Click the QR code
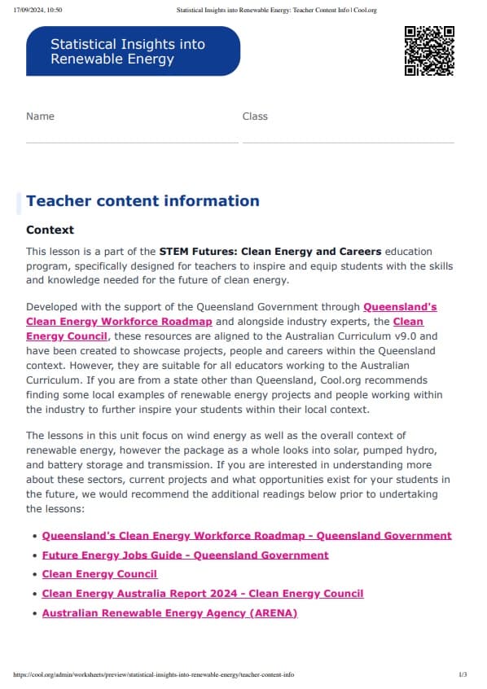(429, 51)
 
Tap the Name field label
(40, 116)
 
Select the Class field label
(255, 116)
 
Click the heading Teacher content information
(143, 201)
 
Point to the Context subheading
(50, 230)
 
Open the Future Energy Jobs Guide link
(185, 555)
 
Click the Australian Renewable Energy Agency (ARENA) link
(169, 612)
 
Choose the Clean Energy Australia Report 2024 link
(202, 594)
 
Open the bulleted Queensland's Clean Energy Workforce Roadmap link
(246, 536)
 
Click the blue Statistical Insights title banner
(133, 51)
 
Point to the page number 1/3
(463, 675)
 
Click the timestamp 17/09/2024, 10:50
(38, 10)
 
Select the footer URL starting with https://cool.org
(155, 675)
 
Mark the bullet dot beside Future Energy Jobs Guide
(34, 555)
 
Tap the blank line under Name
(132, 142)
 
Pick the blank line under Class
(348, 142)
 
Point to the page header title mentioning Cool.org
(277, 10)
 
